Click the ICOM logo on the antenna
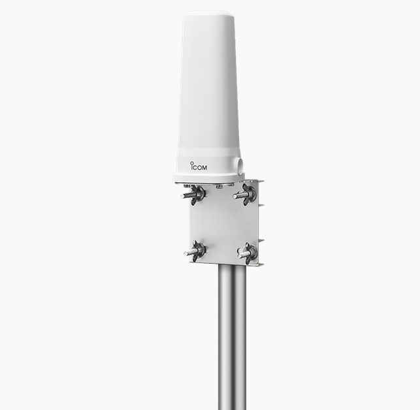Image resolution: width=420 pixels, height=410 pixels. click(198, 166)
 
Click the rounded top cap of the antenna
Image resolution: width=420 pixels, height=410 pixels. click(208, 14)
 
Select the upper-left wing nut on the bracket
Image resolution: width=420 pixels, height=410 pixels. click(197, 193)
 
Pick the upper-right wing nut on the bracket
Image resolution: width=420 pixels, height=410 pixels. click(248, 194)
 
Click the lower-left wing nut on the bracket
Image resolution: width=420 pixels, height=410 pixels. click(198, 251)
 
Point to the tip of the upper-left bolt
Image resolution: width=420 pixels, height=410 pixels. click(182, 196)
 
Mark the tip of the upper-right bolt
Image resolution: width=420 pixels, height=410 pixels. click(234, 197)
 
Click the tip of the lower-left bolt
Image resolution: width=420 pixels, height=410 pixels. click(186, 253)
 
